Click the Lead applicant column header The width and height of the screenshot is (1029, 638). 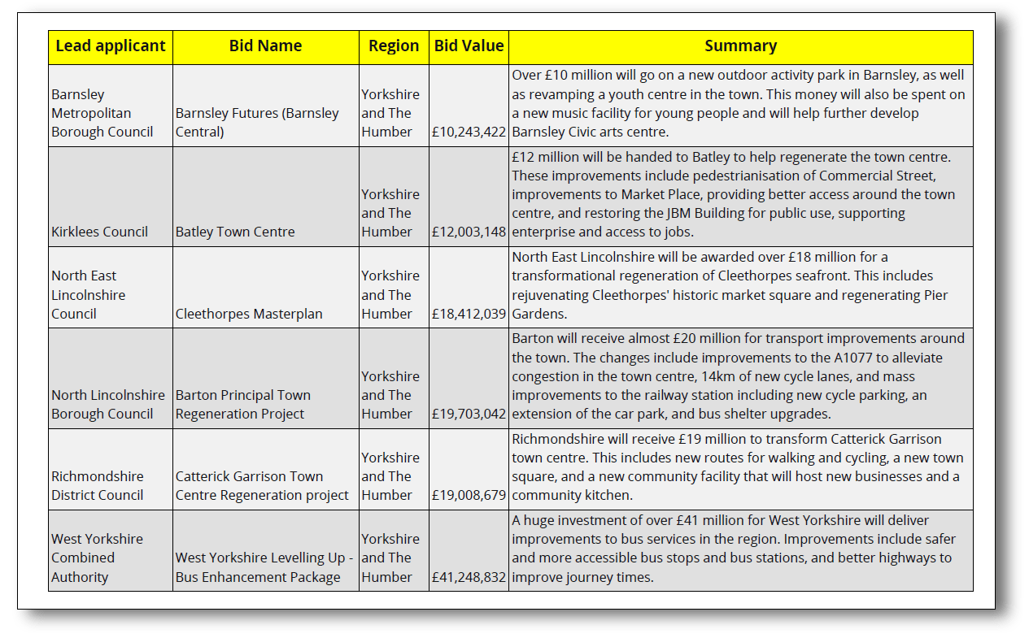click(111, 46)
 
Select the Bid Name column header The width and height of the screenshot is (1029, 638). click(265, 46)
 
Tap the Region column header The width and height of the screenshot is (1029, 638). click(394, 46)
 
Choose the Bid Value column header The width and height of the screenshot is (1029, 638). click(469, 46)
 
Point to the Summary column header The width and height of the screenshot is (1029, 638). click(740, 46)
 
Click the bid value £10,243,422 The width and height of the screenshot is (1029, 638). click(469, 132)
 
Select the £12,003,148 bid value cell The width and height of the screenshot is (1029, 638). click(469, 232)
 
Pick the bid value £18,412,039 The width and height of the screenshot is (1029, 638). click(469, 314)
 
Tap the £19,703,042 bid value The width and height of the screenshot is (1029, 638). click(469, 414)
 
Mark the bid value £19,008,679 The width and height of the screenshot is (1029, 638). click(469, 495)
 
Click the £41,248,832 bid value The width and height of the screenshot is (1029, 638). click(469, 577)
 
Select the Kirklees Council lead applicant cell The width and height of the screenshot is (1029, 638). click(99, 232)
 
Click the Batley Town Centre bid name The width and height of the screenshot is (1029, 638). click(235, 232)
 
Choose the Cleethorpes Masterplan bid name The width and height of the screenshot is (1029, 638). click(249, 314)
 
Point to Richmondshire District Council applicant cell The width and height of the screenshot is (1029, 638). click(98, 486)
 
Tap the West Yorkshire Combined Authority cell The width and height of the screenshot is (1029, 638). click(97, 558)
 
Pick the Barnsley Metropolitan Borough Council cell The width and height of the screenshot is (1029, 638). click(102, 113)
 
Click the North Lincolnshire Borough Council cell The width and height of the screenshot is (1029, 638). click(107, 405)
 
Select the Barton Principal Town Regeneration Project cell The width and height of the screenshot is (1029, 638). click(243, 405)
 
